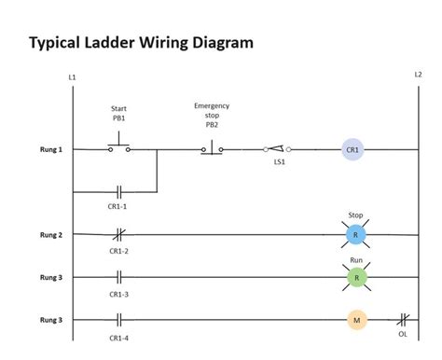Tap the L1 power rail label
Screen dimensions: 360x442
[73, 76]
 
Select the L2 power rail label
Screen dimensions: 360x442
[418, 75]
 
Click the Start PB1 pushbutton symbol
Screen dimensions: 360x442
[118, 147]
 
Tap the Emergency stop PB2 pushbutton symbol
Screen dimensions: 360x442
[212, 147]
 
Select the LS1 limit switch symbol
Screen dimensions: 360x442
[277, 148]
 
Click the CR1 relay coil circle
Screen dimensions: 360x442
[352, 149]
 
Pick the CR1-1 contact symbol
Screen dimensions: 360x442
[118, 192]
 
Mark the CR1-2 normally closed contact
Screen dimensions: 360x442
[118, 235]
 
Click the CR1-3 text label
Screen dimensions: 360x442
[118, 294]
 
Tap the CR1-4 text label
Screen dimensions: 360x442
[118, 338]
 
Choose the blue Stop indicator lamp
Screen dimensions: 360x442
[356, 235]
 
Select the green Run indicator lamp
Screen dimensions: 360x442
[356, 277]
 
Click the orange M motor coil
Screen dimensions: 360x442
[356, 320]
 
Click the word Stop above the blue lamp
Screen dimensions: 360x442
[356, 215]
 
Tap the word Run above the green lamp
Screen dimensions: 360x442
[356, 258]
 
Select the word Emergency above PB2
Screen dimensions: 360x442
[212, 106]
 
